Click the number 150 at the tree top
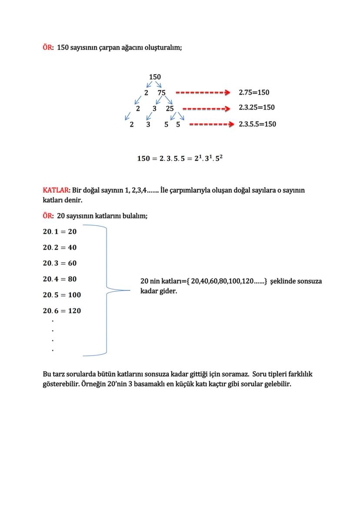tap(155, 77)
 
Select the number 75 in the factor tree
tap(161, 93)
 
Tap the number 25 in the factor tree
tap(170, 108)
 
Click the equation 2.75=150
tap(254, 93)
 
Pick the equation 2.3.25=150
tap(257, 107)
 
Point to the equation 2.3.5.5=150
tap(257, 124)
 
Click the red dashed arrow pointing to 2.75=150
tap(203, 93)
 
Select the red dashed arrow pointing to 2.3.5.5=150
tap(212, 124)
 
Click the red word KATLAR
tap(56, 190)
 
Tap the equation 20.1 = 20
tap(60, 232)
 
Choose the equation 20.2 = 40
tap(60, 247)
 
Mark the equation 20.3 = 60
tap(60, 263)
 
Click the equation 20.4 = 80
tap(60, 279)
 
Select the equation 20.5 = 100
tap(62, 295)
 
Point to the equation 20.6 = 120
tap(62, 311)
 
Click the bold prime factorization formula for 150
tap(180, 158)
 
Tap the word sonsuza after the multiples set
tap(309, 281)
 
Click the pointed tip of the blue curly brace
tap(130, 290)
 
